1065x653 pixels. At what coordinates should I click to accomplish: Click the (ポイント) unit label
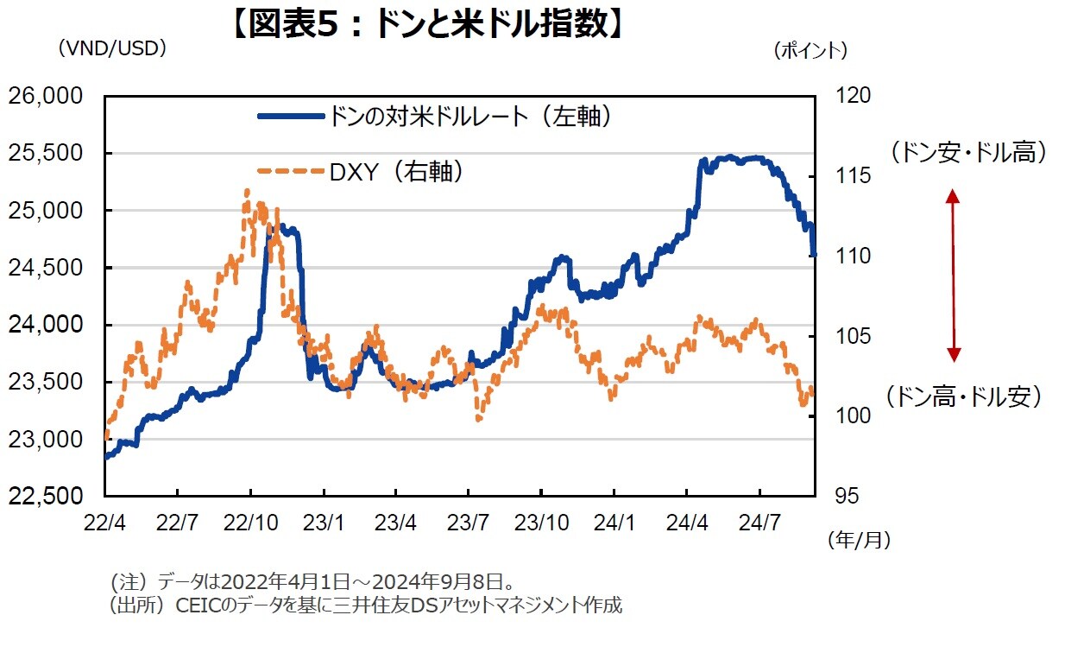tap(810, 51)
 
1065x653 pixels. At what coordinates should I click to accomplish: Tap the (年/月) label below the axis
tap(859, 541)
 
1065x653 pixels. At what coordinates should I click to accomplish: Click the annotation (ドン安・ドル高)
tap(968, 153)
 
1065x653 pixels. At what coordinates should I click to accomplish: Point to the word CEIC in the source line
tap(198, 605)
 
